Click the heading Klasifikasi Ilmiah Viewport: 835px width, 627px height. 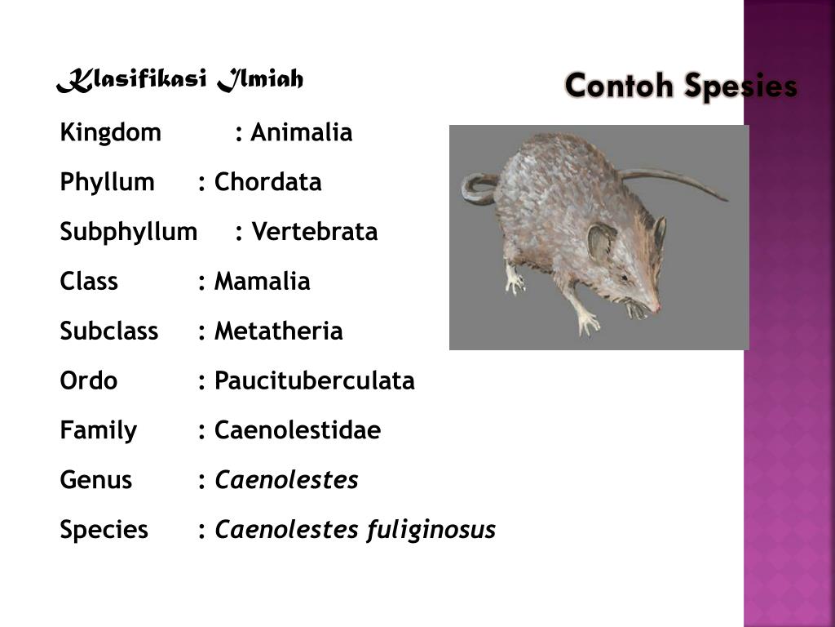pyautogui.click(x=180, y=81)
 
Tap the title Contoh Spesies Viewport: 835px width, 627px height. pyautogui.click(x=680, y=86)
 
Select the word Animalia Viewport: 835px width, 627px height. pyautogui.click(x=301, y=132)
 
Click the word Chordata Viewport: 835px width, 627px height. pyautogui.click(x=267, y=182)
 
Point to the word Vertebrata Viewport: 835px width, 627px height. pyautogui.click(x=314, y=232)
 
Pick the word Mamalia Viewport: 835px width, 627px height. pyautogui.click(x=262, y=282)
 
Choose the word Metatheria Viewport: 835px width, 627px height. pyautogui.click(x=278, y=331)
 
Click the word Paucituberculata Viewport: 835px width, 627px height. pyautogui.click(x=314, y=380)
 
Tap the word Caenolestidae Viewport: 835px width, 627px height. pyautogui.click(x=297, y=430)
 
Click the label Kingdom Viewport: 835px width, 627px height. pyautogui.click(x=110, y=132)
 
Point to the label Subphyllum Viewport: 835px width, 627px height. pyautogui.click(x=128, y=232)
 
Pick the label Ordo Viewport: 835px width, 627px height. pyautogui.click(x=88, y=380)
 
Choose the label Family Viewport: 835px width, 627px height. pyautogui.click(x=98, y=430)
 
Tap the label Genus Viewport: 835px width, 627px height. pyautogui.click(x=95, y=480)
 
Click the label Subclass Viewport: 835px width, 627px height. pyautogui.click(x=108, y=331)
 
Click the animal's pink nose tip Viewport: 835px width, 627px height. pyautogui.click(x=656, y=309)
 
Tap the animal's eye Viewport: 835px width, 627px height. pyautogui.click(x=623, y=278)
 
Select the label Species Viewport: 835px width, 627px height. pyautogui.click(x=104, y=530)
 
